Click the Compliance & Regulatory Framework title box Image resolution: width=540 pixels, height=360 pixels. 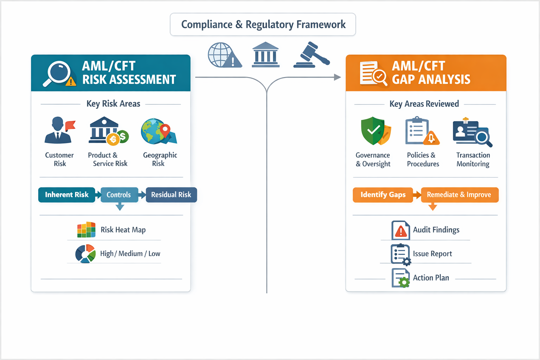[x=263, y=25]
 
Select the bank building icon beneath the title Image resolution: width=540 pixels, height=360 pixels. [x=265, y=55]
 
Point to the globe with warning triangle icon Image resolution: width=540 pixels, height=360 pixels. [x=224, y=55]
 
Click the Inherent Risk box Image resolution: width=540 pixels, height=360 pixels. [x=67, y=195]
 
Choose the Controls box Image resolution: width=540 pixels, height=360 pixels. [x=119, y=195]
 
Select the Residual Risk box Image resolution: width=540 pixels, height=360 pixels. [x=171, y=195]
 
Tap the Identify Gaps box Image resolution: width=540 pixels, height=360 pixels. [x=383, y=195]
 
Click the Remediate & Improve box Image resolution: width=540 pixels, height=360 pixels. [x=459, y=195]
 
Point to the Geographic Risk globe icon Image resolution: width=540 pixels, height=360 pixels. [x=159, y=131]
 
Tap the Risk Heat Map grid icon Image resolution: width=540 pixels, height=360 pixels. [x=86, y=230]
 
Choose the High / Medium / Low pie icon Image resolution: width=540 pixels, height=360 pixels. [x=85, y=253]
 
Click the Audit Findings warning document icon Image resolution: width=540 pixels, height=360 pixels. [x=400, y=230]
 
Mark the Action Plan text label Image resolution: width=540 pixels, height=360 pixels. [x=431, y=278]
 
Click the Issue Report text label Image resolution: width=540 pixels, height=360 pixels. [x=432, y=254]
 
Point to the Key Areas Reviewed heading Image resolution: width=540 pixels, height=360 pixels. [x=424, y=104]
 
